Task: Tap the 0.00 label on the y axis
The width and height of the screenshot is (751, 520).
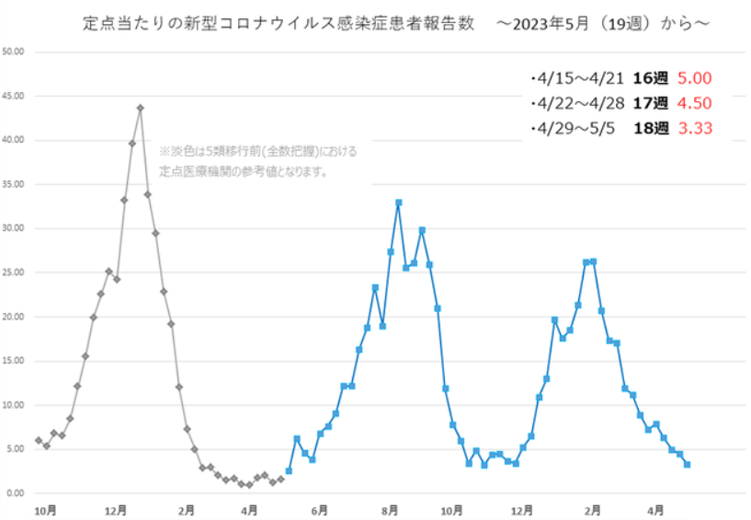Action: tap(17, 493)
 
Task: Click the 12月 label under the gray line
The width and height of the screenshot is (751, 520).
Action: tap(117, 509)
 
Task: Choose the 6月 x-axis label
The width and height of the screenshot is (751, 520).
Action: tap(320, 509)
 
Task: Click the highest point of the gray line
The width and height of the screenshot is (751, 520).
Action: tap(140, 108)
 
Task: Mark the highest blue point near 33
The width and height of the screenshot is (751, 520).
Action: tap(398, 202)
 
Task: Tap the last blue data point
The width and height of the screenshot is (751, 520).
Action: tap(687, 465)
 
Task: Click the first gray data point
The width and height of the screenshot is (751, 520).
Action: tap(38, 441)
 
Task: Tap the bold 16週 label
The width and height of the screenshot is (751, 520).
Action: tap(648, 79)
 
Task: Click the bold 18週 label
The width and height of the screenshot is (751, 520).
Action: tap(648, 128)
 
